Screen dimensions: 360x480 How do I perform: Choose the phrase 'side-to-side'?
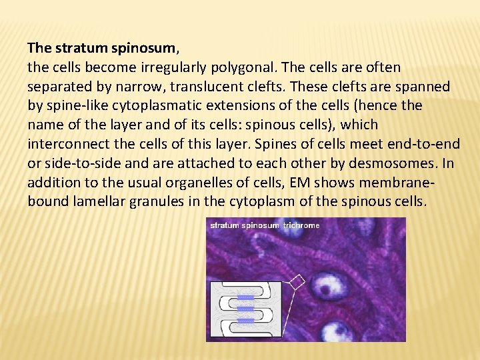(79, 163)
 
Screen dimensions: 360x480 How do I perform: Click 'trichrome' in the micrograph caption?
(301, 225)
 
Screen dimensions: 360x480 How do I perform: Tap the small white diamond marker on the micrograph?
(297, 281)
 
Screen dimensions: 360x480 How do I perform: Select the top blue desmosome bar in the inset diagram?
(246, 297)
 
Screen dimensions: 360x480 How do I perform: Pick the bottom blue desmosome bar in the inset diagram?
(246, 321)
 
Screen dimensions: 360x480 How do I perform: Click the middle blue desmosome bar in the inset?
(246, 309)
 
